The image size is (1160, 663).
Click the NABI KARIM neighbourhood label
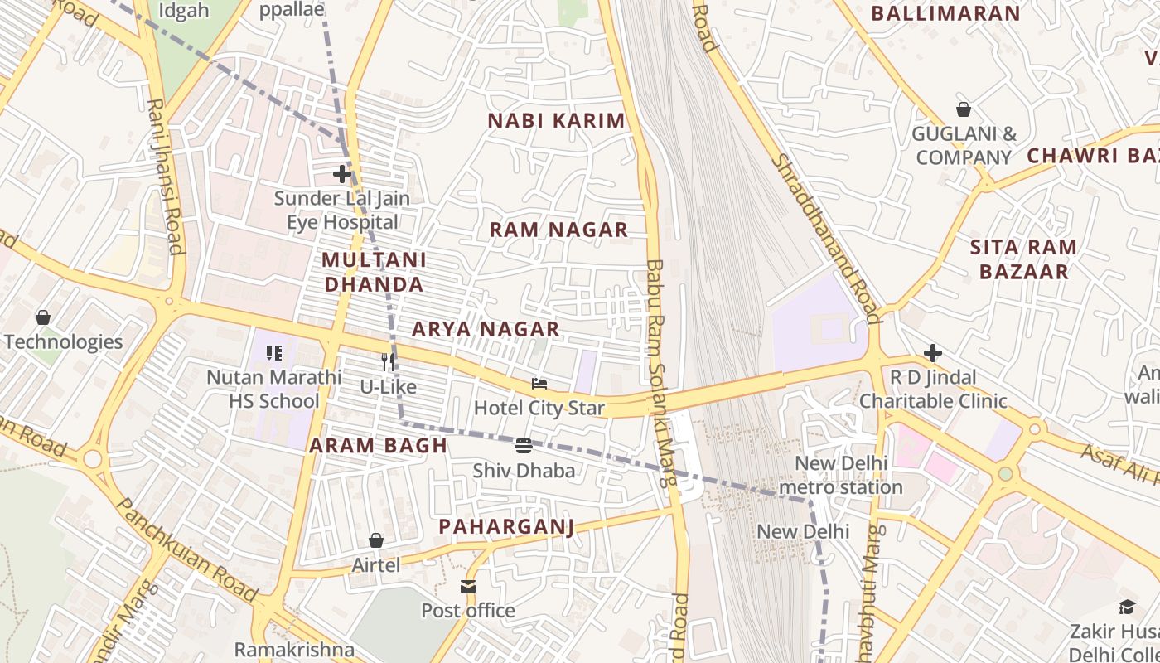click(556, 121)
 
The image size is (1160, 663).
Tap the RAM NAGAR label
click(558, 230)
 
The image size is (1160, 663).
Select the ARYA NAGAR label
click(486, 330)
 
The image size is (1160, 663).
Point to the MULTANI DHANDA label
click(374, 272)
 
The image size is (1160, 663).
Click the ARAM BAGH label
click(378, 446)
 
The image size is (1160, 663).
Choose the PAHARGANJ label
click(506, 526)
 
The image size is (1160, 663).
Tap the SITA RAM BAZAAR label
click(1023, 259)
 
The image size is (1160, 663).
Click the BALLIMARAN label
click(945, 14)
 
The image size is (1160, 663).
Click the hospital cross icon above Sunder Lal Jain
click(341, 174)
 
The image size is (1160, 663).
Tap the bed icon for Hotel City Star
click(539, 384)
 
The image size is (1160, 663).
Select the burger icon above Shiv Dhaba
click(523, 446)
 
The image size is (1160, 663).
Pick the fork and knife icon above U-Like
click(387, 361)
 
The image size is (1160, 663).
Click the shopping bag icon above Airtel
click(376, 540)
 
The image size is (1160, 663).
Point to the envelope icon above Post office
click(468, 587)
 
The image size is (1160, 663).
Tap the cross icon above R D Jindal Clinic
click(933, 353)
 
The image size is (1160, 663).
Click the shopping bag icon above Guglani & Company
click(964, 109)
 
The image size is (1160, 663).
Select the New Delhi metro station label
click(841, 475)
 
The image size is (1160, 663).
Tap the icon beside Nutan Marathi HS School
click(274, 353)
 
